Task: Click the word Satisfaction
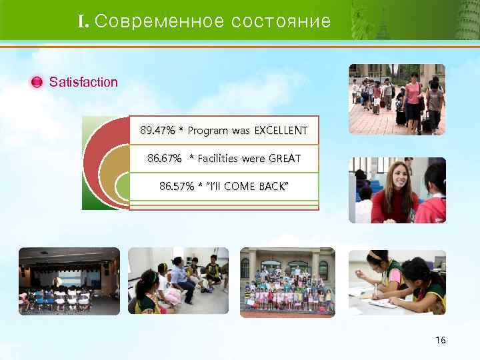(x=83, y=83)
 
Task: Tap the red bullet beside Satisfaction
(x=37, y=83)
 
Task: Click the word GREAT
(x=284, y=159)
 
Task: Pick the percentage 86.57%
(x=173, y=186)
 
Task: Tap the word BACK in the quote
(x=273, y=186)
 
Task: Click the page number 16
(x=440, y=341)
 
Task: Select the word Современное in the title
(x=159, y=21)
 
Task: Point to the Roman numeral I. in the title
(x=83, y=21)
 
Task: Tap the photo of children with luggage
(x=397, y=99)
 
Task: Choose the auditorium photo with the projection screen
(x=69, y=281)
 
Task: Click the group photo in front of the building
(x=287, y=281)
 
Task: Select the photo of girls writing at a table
(x=397, y=281)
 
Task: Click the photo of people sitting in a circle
(x=178, y=281)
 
